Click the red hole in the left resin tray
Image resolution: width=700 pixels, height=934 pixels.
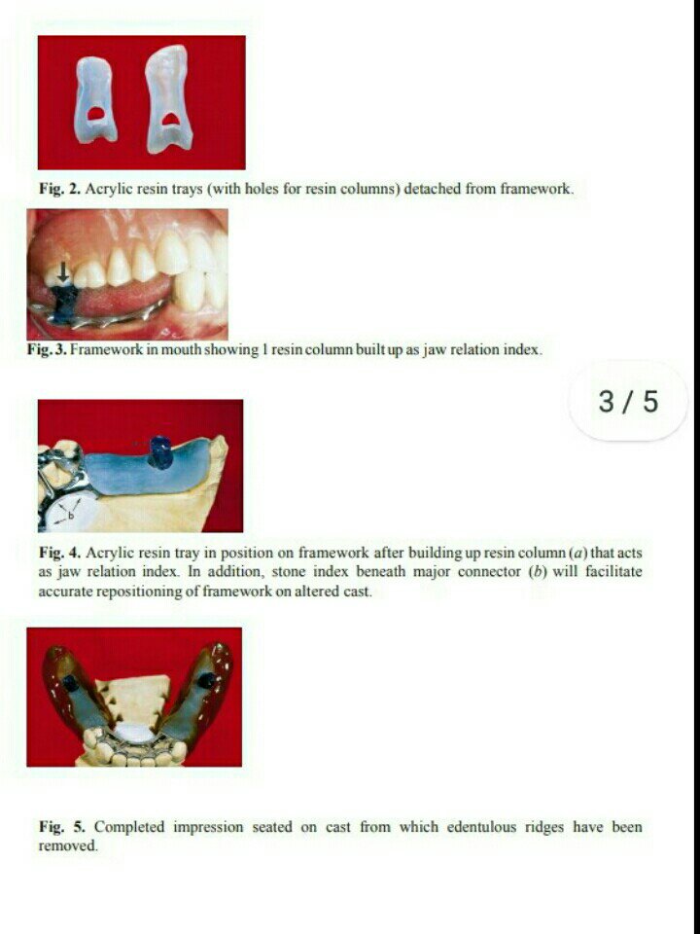(x=95, y=114)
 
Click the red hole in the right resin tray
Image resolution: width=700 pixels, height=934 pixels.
(x=171, y=119)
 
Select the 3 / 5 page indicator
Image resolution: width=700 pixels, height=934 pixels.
(x=629, y=402)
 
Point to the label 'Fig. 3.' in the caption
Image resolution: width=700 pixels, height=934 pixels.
(x=47, y=349)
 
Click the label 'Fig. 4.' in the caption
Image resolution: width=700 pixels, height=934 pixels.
(x=59, y=553)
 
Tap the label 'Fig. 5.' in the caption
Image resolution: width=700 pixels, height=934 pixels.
(x=62, y=827)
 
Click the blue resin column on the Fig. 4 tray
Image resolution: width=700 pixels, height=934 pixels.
(x=159, y=452)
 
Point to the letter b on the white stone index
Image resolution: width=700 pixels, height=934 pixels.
(x=70, y=517)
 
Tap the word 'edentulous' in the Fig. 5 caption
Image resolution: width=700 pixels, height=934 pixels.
(x=481, y=827)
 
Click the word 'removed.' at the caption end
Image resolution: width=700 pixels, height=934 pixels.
(x=68, y=845)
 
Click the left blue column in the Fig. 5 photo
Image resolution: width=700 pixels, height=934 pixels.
(x=70, y=683)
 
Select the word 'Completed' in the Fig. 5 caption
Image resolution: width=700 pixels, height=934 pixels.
(x=129, y=827)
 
